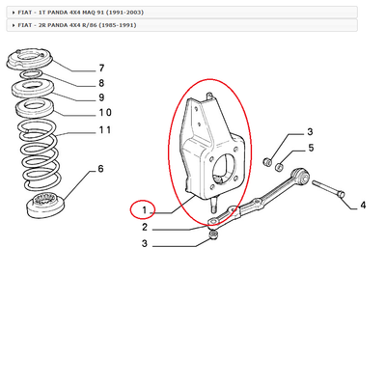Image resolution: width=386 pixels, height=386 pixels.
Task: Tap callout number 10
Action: [x=104, y=113]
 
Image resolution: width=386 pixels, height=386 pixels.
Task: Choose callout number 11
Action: [x=104, y=129]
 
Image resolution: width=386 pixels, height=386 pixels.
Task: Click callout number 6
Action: [x=99, y=170]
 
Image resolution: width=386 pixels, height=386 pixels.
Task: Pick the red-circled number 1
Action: [x=143, y=209]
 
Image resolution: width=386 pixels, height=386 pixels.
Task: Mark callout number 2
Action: [x=144, y=228]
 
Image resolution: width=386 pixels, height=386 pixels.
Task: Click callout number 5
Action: [x=311, y=148]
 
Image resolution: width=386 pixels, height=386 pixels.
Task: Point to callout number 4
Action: [x=362, y=205]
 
